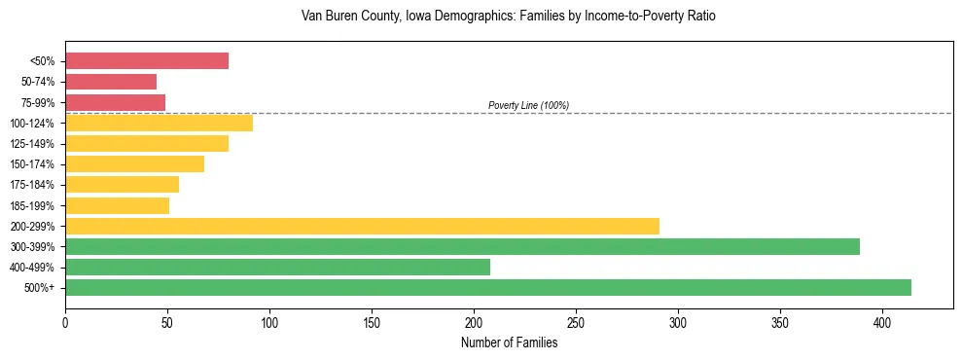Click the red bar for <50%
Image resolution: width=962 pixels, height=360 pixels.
click(x=147, y=61)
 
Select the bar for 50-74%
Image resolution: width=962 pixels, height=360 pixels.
click(x=111, y=82)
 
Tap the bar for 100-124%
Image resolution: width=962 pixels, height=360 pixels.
click(x=159, y=123)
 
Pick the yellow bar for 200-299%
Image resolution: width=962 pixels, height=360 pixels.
click(x=362, y=226)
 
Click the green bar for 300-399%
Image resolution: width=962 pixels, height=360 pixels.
click(x=462, y=246)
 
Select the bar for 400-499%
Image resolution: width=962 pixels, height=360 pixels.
click(x=277, y=267)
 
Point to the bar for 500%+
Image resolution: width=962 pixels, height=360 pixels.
click(x=487, y=287)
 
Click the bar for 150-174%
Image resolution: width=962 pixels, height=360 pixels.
click(x=134, y=163)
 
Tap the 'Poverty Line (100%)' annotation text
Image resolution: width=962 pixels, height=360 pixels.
click(x=528, y=105)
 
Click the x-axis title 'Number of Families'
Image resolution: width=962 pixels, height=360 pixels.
click(x=509, y=342)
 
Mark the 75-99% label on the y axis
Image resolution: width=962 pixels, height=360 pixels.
click(x=38, y=102)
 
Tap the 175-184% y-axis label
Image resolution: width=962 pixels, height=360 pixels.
click(x=34, y=185)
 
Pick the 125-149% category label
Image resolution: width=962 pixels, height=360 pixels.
click(x=34, y=143)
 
